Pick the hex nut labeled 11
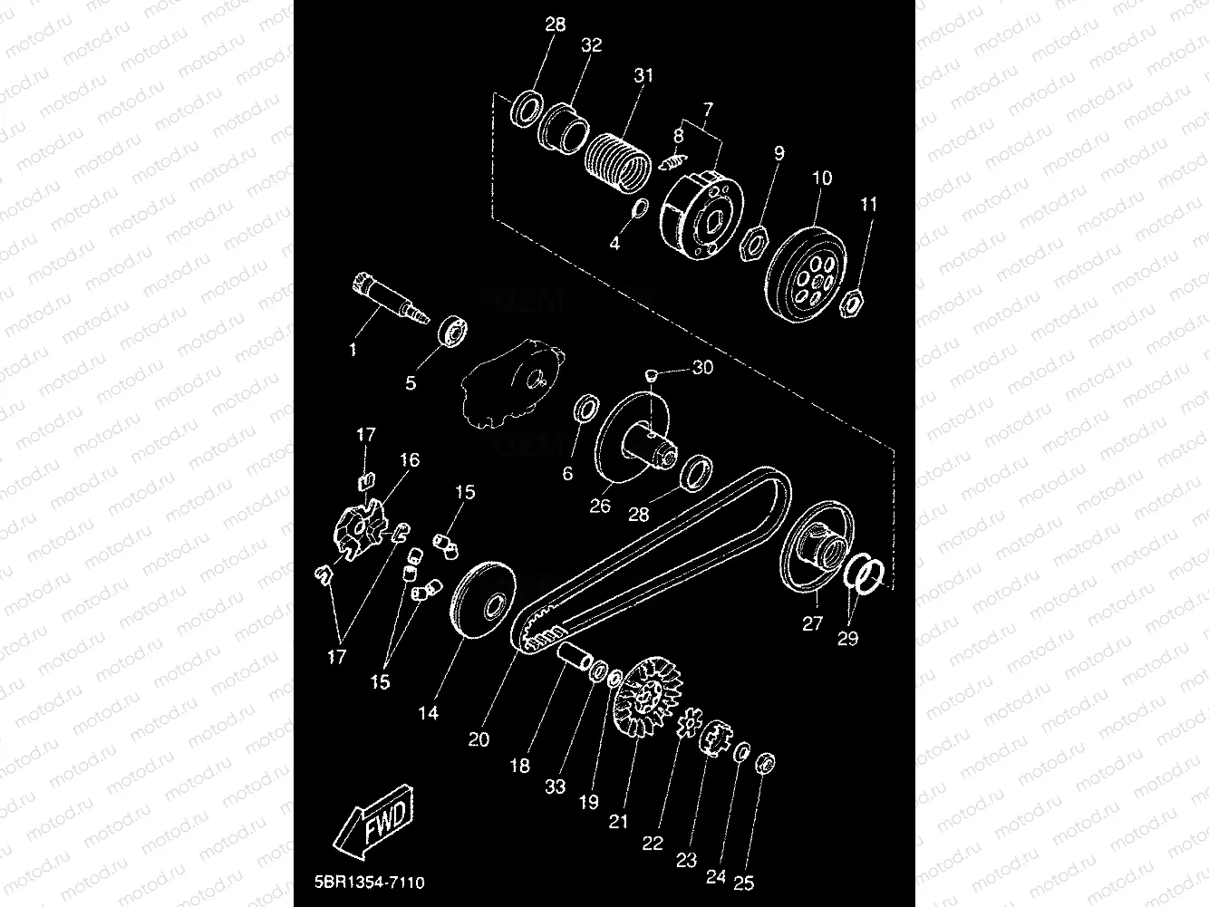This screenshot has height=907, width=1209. point(852,303)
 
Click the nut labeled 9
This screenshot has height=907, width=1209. point(755,244)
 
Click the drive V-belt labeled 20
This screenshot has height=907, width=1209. point(653,562)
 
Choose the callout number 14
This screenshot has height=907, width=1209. point(428,713)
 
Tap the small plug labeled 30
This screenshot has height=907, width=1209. point(650,372)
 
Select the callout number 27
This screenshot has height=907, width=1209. point(812,623)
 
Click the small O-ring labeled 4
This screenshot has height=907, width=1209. point(637,209)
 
